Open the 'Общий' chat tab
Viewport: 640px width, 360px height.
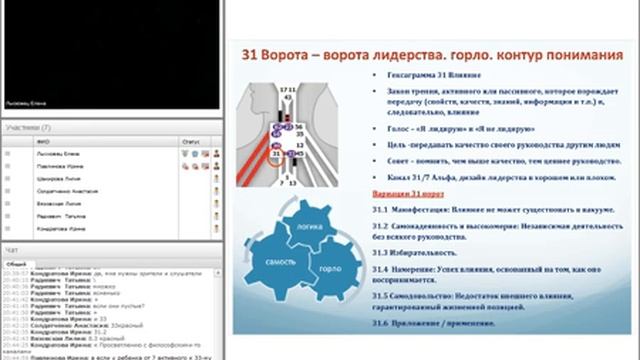tap(17, 261)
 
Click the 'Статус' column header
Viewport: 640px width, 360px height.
tap(190, 141)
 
